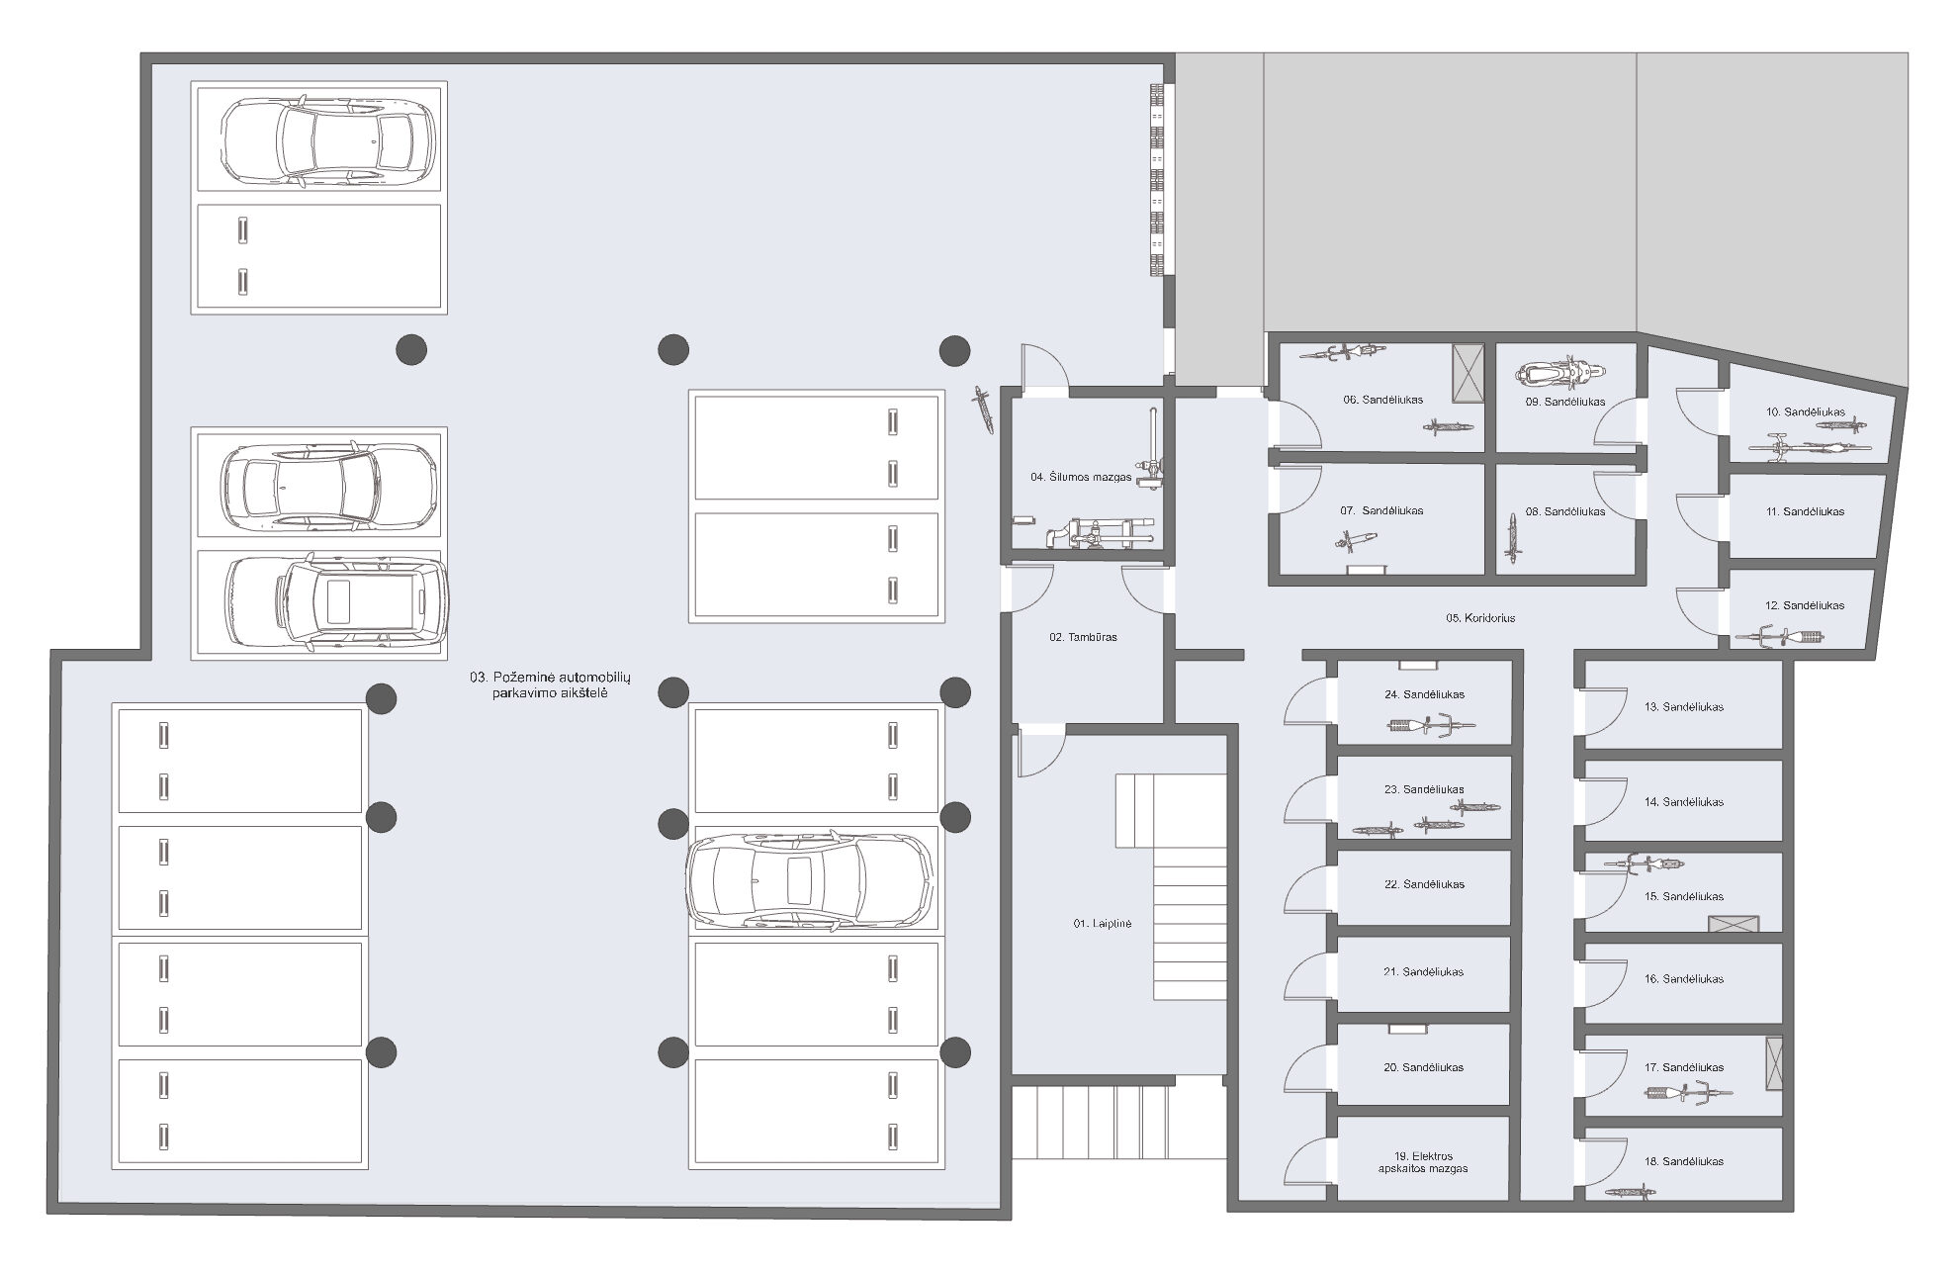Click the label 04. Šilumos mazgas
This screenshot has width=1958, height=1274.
click(1081, 477)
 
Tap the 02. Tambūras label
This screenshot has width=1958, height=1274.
click(1083, 637)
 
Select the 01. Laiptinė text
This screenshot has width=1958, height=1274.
click(1102, 924)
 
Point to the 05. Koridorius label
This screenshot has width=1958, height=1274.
click(1480, 618)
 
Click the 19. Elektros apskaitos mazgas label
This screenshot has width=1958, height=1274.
click(1423, 1162)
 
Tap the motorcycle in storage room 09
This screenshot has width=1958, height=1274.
click(1559, 374)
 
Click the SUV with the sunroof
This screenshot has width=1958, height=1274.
click(336, 602)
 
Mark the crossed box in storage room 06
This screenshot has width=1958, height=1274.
click(1468, 373)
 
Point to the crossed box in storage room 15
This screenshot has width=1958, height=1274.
click(1734, 924)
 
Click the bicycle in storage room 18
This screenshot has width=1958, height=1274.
click(1631, 1193)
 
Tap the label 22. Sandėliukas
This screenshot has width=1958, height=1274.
click(1424, 884)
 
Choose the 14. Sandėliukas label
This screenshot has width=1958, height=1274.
click(1684, 802)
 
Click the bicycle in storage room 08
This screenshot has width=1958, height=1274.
click(1512, 536)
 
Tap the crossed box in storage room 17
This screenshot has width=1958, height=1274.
click(1774, 1063)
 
